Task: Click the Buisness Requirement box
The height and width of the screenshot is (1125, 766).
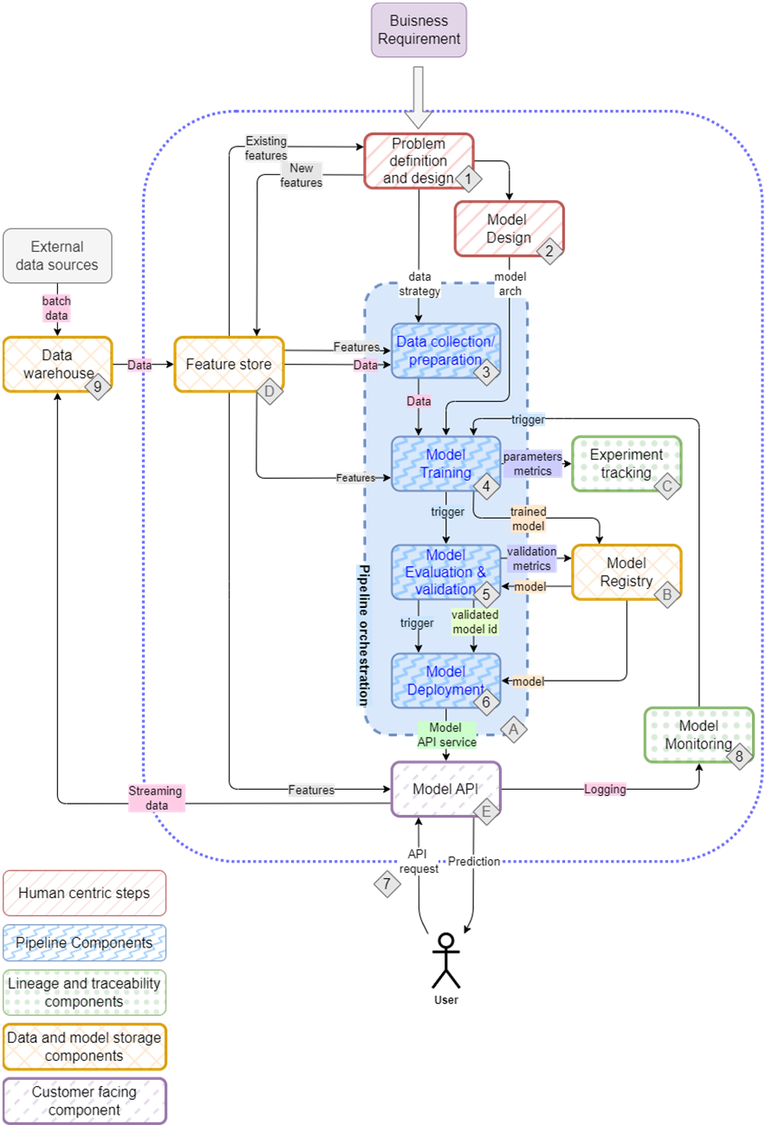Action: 419,30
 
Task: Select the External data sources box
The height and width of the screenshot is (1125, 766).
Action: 57,256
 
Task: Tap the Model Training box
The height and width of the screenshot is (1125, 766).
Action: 445,463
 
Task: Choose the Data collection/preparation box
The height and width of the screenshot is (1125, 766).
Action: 445,351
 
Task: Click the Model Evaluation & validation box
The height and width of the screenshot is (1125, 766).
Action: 445,572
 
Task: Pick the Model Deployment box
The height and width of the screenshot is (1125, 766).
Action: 445,681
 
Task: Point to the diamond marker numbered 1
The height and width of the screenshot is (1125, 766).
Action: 469,179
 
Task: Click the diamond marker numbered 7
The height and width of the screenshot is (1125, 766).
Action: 387,884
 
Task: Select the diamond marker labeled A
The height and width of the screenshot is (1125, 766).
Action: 513,730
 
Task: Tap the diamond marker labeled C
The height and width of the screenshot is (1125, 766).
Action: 666,488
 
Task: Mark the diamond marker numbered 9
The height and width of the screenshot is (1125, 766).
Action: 97,387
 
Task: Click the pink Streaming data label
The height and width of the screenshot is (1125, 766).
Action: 156,798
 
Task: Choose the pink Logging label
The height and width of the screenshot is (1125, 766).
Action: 605,789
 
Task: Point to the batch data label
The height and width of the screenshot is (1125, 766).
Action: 57,308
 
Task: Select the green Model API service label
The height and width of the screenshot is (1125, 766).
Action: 447,734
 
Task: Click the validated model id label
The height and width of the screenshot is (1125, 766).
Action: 474,622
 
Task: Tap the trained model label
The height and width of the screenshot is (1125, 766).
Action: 528,519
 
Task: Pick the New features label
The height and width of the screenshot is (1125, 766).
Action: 301,176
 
